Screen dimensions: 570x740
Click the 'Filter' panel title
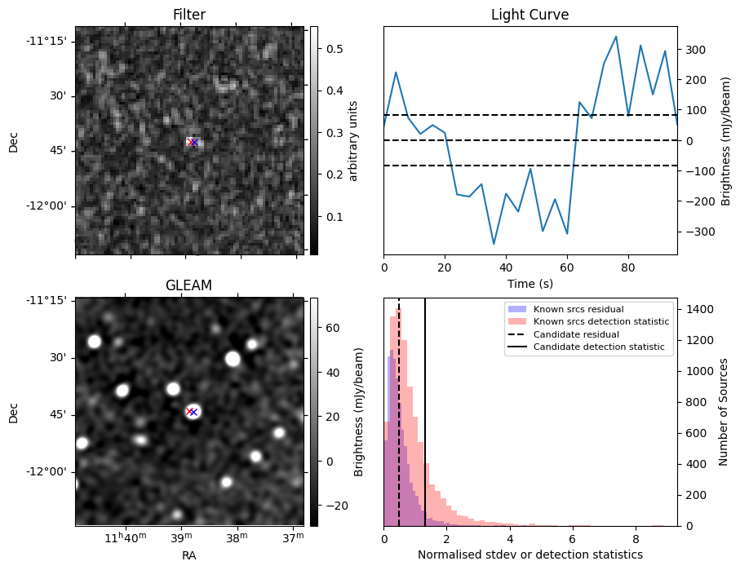pos(189,15)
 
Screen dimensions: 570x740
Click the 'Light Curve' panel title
pos(530,15)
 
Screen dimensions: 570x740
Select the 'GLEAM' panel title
pos(189,285)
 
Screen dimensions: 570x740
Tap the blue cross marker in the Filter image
pos(194,142)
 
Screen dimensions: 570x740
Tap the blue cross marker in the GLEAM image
pos(194,412)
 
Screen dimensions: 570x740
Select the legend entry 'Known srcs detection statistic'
pos(600,321)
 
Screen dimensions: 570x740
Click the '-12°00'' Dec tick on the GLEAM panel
pos(50,471)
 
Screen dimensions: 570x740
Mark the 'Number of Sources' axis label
pos(724,412)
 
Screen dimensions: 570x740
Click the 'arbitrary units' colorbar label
pos(353,140)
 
